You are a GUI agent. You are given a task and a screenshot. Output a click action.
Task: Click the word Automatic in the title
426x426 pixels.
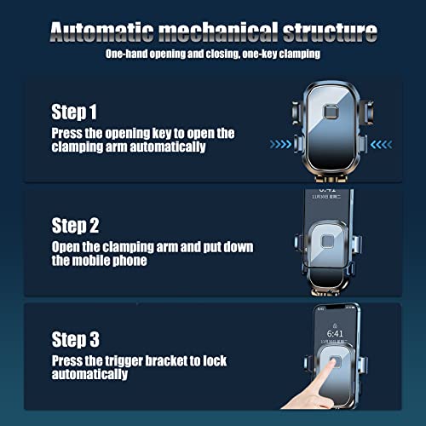click(x=102, y=32)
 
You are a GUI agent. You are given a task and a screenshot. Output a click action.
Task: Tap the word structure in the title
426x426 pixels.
click(x=330, y=32)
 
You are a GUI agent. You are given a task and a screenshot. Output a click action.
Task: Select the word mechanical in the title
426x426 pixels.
click(x=218, y=32)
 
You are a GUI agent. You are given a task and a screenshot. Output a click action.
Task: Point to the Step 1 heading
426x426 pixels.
click(x=74, y=112)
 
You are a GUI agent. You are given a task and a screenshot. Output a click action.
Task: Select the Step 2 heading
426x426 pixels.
click(x=75, y=226)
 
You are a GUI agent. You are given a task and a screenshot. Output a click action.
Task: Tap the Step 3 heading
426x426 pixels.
click(x=75, y=339)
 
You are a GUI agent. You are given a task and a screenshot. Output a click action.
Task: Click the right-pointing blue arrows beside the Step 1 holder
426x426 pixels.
click(x=280, y=144)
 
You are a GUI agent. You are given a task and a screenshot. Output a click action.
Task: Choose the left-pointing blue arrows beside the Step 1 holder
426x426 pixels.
click(x=382, y=144)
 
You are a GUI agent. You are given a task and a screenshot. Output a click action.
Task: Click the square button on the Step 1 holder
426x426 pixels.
click(x=331, y=112)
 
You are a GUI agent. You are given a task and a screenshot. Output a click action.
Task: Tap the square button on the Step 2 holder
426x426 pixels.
click(x=328, y=241)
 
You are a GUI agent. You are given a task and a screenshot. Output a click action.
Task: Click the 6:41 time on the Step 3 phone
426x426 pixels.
click(x=335, y=334)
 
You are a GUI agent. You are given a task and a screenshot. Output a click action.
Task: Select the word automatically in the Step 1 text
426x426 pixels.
click(x=168, y=147)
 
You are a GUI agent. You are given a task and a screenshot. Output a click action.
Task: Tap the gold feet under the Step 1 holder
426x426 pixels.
click(x=331, y=179)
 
